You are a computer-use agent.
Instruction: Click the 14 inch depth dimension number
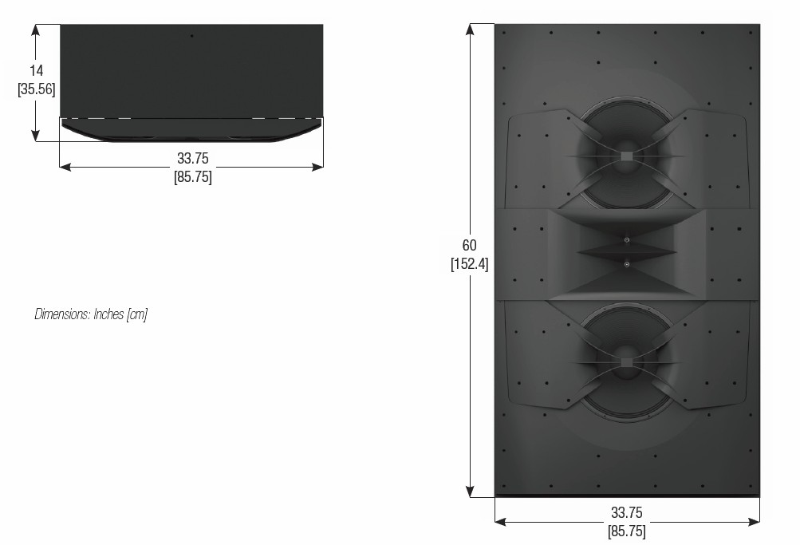point(36,71)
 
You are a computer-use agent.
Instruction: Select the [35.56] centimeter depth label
point(36,89)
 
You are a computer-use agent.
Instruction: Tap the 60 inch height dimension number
point(469,246)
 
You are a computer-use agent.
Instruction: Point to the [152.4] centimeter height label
point(469,264)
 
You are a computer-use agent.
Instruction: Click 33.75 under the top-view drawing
point(193,158)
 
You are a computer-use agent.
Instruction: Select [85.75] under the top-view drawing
point(193,177)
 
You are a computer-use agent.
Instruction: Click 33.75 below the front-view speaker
point(627,512)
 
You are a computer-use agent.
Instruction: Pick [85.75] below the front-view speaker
point(627,531)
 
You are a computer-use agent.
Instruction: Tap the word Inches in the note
point(108,314)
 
